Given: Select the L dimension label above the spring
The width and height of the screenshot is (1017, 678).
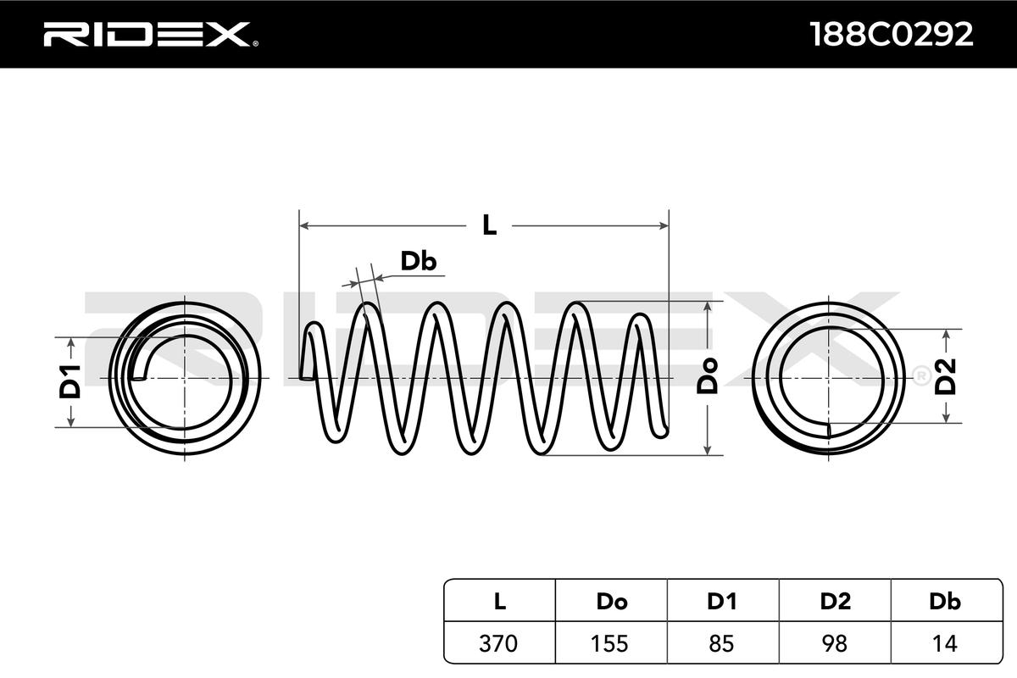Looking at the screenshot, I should point(489,225).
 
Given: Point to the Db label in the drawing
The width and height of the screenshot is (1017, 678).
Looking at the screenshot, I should point(418,262).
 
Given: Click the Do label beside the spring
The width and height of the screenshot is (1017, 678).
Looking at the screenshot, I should point(708,375).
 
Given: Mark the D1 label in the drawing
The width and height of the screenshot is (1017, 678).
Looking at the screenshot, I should point(71,381).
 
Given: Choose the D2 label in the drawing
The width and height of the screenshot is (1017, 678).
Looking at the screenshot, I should point(946,376).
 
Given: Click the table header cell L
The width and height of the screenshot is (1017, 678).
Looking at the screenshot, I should point(499,602).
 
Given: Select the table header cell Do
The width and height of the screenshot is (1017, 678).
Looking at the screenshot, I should point(611,602).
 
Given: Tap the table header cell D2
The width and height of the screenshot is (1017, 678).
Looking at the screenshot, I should point(835,602).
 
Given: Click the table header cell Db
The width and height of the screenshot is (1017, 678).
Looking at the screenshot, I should point(945,602).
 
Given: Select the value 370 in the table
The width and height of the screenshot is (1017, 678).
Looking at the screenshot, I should point(499,643).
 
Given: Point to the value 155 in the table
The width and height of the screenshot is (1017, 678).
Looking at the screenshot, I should point(611,643).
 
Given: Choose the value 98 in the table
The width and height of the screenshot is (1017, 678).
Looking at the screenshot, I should point(835,643).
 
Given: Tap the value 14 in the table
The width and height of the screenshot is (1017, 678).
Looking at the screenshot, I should point(945,643).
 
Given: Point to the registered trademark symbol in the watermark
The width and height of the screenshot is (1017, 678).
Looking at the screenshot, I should point(918,374).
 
